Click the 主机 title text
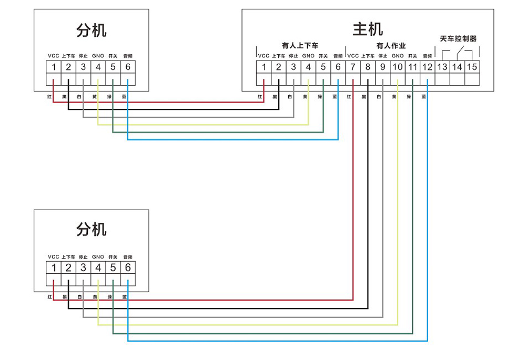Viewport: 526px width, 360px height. (x=368, y=28)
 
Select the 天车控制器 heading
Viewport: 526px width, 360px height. (x=458, y=39)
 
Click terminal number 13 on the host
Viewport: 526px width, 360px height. (x=442, y=67)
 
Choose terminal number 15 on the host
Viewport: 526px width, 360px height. (x=472, y=67)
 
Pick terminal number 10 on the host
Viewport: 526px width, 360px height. (x=398, y=67)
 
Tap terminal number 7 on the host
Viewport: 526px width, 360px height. (x=353, y=67)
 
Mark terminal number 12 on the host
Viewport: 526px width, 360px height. (x=427, y=67)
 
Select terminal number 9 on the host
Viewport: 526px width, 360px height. (x=382, y=67)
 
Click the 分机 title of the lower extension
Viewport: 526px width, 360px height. (x=91, y=229)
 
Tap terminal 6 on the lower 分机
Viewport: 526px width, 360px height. (x=128, y=268)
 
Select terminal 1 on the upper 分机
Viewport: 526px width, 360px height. (x=54, y=67)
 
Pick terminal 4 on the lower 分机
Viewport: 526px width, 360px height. (x=98, y=268)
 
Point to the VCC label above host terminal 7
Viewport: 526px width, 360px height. (x=353, y=56)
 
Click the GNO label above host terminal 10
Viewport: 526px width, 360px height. (x=398, y=56)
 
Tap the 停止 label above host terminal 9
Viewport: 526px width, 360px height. (x=382, y=56)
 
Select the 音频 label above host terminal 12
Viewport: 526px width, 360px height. (x=427, y=56)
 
